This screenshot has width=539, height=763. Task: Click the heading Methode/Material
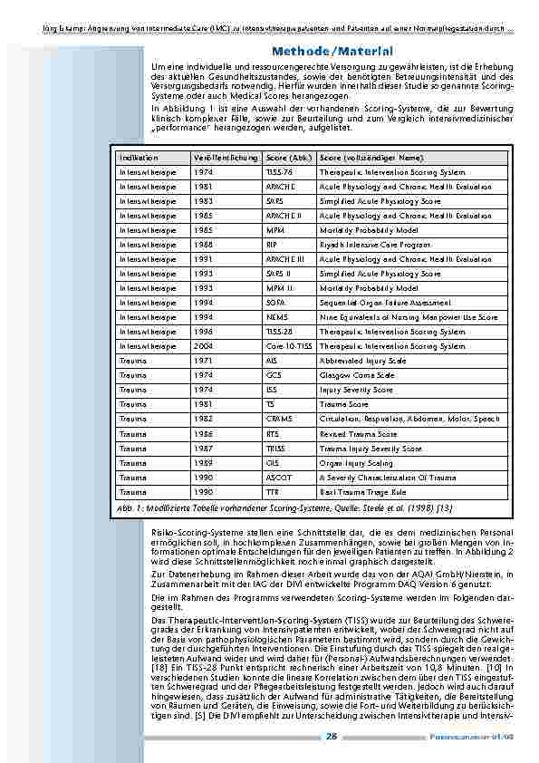point(328,51)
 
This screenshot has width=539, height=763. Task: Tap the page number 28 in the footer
point(332,737)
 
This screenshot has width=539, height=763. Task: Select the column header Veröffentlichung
point(221,158)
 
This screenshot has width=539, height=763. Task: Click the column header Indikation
point(138,158)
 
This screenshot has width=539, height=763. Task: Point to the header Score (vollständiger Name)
point(371,158)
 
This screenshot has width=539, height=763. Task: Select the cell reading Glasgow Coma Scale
point(357,375)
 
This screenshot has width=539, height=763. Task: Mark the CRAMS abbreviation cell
point(279,419)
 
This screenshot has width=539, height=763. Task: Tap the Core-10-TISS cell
point(287,346)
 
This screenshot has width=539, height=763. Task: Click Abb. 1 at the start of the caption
point(130,507)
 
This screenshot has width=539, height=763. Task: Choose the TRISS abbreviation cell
point(276,448)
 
